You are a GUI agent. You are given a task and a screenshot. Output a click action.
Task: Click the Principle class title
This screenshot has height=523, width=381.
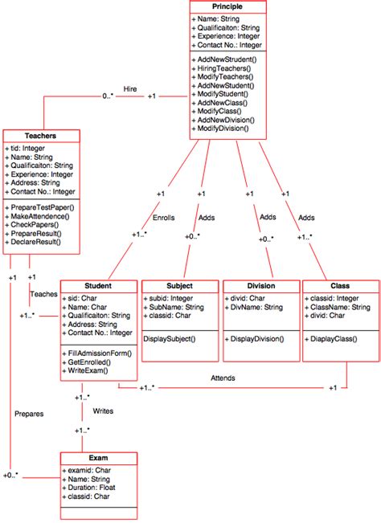coord(226,6)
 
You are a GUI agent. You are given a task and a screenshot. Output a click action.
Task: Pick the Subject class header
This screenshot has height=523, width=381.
coord(179,285)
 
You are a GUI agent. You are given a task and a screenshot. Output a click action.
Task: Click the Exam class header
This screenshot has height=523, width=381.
coord(98,457)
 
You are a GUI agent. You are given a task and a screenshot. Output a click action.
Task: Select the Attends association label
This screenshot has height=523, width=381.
coord(223,377)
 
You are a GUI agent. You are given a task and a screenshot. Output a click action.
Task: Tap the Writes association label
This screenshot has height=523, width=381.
coord(103,411)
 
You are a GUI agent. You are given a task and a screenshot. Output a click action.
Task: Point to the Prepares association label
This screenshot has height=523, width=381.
coord(28,414)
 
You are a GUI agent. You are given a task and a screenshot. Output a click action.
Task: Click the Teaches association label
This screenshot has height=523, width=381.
coord(43,294)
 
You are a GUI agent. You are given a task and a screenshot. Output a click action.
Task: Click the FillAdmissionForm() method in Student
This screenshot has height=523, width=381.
coord(99,353)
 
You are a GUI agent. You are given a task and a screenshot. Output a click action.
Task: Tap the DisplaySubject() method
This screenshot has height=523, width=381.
coord(170,340)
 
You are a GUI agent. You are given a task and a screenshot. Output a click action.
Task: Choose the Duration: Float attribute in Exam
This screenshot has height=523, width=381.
coord(92,487)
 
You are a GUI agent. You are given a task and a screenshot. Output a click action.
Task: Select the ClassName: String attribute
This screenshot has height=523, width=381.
coord(337,307)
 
